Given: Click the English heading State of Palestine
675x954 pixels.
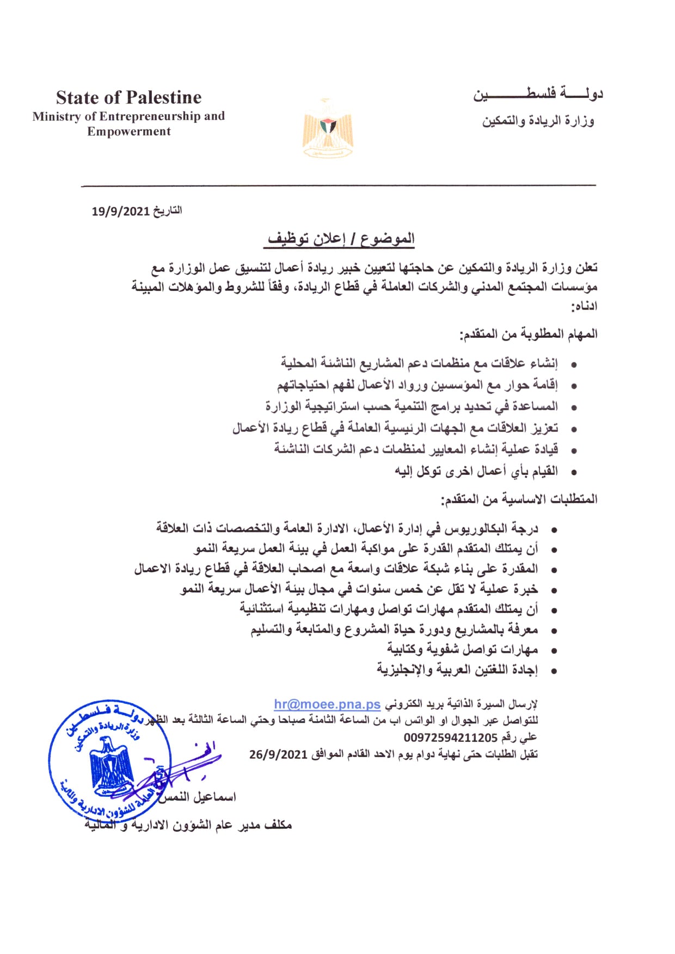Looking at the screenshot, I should point(128,98).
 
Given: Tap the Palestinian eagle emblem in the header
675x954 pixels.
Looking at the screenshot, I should point(327,129).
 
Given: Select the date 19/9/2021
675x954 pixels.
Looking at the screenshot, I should point(120,211).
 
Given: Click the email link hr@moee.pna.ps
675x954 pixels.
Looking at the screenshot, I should point(327,704).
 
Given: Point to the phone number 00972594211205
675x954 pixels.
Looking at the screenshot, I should point(450,738).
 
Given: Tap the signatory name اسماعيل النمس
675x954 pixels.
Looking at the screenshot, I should point(197,797).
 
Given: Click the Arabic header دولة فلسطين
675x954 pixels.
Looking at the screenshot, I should point(537,95).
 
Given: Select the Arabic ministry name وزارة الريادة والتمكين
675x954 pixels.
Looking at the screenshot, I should point(538,121).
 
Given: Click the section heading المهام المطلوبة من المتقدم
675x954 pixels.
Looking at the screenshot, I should point(529,334).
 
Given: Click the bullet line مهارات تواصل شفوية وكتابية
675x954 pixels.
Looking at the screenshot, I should point(462,649).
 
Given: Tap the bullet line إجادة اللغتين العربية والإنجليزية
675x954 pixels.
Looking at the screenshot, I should point(457,670).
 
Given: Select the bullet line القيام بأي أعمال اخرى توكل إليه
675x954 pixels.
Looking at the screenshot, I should point(476,471).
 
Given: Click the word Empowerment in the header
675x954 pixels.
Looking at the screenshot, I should point(129,132).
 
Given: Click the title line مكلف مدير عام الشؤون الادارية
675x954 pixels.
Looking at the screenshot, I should point(188,825).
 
